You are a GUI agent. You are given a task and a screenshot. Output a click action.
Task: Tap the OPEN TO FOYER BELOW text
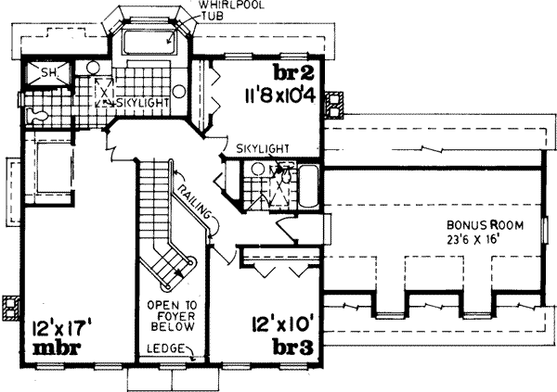point(171,319)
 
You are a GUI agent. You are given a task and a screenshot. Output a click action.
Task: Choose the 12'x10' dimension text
point(278,326)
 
